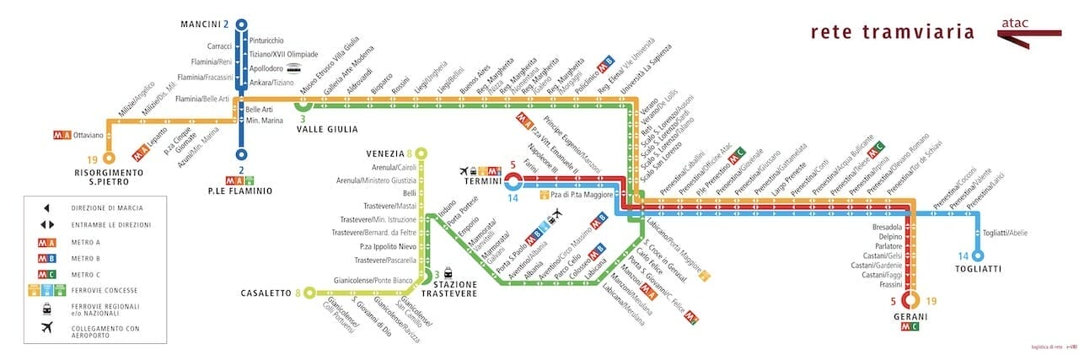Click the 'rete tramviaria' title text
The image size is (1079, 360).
click(x=892, y=33)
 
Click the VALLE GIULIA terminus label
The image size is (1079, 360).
click(x=327, y=129)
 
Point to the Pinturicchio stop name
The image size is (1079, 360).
click(x=266, y=40)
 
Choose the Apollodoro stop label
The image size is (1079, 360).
click(x=266, y=68)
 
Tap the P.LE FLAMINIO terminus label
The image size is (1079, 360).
click(x=242, y=191)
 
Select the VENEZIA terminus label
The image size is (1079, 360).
click(x=384, y=153)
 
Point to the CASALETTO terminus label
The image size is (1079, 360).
click(x=266, y=293)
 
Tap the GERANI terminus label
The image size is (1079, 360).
click(x=910, y=317)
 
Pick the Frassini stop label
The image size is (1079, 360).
click(x=888, y=286)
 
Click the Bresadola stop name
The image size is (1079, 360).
click(x=886, y=228)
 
